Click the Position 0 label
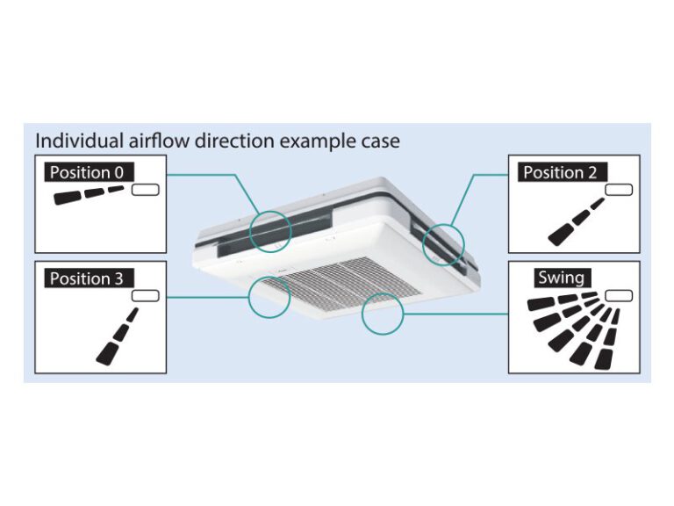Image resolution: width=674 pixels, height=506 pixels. [86, 172]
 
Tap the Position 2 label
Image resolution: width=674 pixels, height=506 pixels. [560, 172]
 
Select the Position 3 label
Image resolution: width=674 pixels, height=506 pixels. [86, 278]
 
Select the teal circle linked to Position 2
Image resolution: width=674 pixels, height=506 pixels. [443, 243]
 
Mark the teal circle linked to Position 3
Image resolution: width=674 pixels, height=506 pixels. [269, 296]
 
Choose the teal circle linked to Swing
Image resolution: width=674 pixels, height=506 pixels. [383, 310]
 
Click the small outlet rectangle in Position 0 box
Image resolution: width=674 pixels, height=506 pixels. [145, 190]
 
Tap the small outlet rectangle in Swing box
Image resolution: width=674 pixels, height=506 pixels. [618, 296]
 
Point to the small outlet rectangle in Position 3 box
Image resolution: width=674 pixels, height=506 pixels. [145, 296]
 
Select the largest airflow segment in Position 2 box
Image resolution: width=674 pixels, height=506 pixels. [563, 234]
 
